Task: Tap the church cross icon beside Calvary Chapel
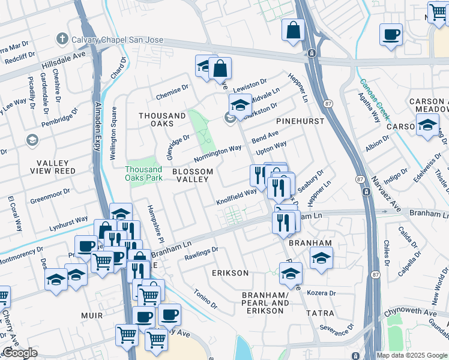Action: [61, 40]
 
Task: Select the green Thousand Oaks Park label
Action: [143, 173]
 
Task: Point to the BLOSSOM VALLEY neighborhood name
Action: [193, 176]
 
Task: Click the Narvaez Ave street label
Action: [384, 194]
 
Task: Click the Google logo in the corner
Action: [20, 353]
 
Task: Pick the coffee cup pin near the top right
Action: [391, 34]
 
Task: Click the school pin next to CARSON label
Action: [427, 126]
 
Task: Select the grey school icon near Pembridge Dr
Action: [32, 140]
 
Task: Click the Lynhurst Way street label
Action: [68, 223]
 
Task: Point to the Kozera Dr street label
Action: [321, 293]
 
